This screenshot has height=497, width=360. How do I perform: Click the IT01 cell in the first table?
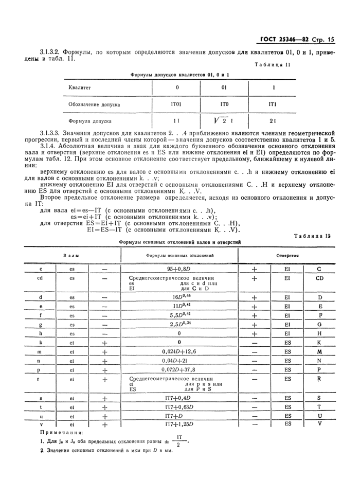coord(176,104)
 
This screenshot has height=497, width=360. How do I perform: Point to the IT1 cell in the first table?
coord(273,104)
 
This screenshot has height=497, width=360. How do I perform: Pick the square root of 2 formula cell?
coord(224,121)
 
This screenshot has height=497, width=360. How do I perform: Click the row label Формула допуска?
coord(90,122)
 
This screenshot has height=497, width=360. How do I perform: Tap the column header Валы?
coord(71,255)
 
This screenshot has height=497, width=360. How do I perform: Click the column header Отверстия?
coord(288,255)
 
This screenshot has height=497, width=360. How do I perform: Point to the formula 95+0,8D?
coord(178,269)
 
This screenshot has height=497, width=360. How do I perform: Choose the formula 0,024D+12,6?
coord(178,351)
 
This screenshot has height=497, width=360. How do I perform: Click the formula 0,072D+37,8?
coord(178,369)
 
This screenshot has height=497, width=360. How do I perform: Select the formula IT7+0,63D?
coord(178,407)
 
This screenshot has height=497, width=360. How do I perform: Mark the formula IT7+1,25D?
coord(178,424)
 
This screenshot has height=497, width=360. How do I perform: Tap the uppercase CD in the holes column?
coord(319,278)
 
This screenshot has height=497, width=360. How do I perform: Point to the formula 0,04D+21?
coord(178,361)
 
